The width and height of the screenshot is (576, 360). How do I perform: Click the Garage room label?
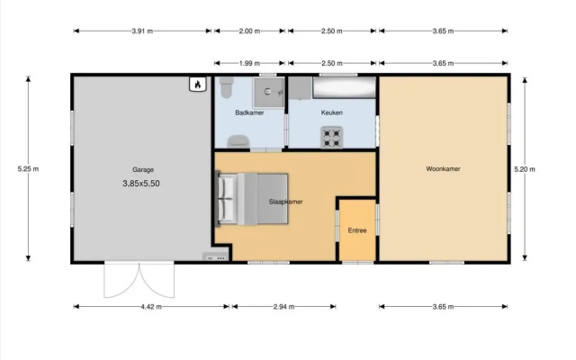click(x=143, y=170)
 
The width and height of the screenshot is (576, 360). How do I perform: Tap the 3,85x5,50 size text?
click(x=141, y=184)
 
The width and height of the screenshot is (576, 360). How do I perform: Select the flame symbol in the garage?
click(x=198, y=84)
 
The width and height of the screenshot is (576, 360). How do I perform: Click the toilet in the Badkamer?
click(x=226, y=87)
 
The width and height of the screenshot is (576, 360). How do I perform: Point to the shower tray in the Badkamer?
click(x=268, y=92)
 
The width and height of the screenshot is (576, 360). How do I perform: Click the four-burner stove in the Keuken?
click(x=332, y=138)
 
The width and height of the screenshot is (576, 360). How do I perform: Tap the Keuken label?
click(x=332, y=112)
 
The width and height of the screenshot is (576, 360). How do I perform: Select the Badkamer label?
click(x=249, y=112)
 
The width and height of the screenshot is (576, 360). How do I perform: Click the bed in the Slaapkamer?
click(x=254, y=199)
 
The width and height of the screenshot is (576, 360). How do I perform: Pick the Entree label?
click(x=357, y=230)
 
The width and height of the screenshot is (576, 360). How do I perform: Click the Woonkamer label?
click(x=443, y=169)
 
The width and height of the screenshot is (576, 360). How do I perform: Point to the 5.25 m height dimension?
click(x=28, y=169)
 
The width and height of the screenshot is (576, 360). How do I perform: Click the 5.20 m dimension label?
click(x=525, y=169)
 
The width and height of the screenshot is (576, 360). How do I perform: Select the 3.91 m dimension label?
click(x=142, y=31)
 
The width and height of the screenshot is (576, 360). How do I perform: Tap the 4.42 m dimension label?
click(x=151, y=307)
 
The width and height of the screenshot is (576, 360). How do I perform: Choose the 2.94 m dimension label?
click(x=284, y=307)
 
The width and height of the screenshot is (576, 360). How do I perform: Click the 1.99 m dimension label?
click(x=249, y=63)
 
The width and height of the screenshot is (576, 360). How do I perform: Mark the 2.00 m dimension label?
click(x=249, y=31)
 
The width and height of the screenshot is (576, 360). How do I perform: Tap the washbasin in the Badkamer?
click(x=238, y=141)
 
